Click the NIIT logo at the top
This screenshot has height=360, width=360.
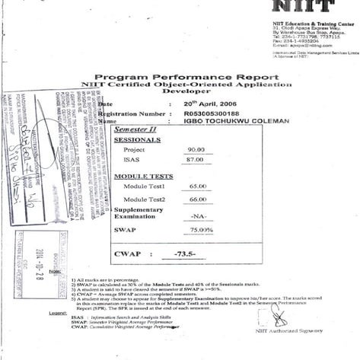[301, 7]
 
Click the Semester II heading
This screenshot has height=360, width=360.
[134, 130]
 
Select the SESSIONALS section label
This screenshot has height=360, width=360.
[137, 140]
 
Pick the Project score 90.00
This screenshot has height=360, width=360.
[197, 150]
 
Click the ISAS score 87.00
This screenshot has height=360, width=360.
[196, 160]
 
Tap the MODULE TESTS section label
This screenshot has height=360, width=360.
[142, 176]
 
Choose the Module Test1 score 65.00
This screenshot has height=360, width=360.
[198, 186]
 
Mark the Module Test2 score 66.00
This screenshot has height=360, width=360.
[198, 199]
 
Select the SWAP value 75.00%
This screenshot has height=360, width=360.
[201, 229]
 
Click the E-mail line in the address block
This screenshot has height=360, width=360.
[298, 45]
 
